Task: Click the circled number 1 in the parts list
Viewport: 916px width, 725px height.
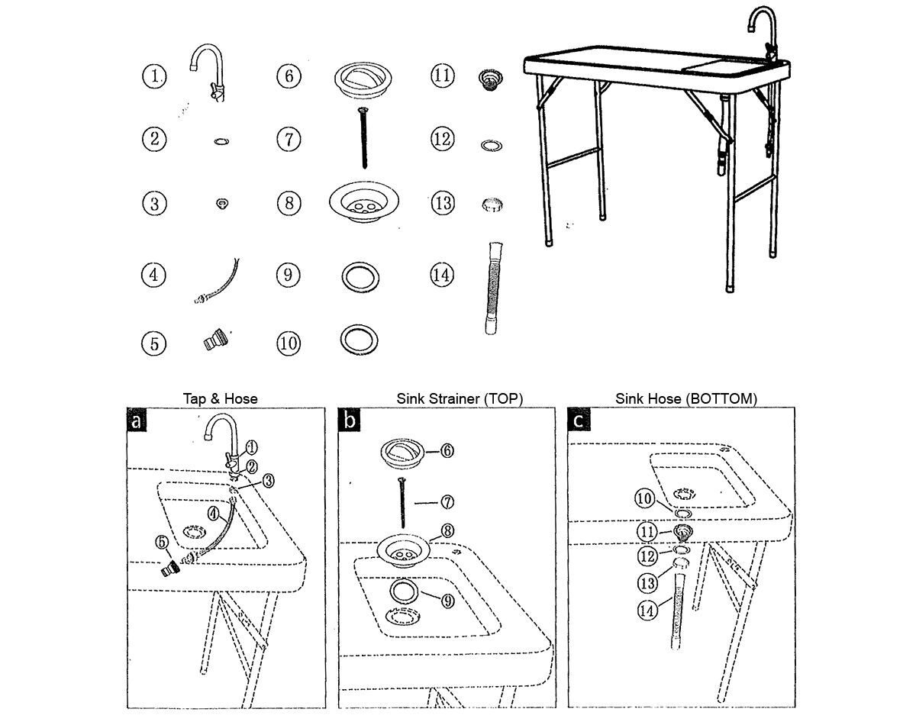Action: point(154,76)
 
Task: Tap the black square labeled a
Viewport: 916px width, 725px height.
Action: point(137,420)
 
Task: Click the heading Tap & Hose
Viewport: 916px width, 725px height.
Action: point(220,398)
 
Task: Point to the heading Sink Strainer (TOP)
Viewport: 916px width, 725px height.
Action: point(460,398)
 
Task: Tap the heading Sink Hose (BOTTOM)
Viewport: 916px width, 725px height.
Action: point(686,398)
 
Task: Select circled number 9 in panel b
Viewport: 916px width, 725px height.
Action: point(448,601)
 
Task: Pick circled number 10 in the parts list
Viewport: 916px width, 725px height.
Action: point(288,343)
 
